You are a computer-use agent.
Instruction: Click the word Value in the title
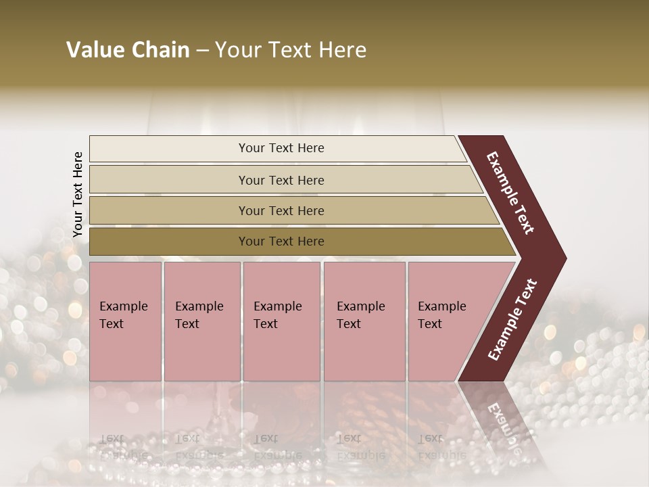[95, 50]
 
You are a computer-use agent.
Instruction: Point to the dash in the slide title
[202, 51]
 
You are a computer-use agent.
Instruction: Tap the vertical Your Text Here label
[78, 194]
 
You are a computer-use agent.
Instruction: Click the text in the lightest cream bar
[281, 148]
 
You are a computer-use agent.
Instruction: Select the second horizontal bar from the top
[281, 180]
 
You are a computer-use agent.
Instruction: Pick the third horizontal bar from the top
[281, 210]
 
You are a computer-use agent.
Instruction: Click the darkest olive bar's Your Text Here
[281, 241]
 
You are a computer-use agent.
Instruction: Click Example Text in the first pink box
[123, 315]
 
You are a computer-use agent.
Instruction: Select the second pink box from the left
[201, 321]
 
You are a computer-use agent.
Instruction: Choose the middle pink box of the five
[281, 321]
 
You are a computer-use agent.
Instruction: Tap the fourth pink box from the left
[364, 321]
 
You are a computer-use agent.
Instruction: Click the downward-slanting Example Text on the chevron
[510, 193]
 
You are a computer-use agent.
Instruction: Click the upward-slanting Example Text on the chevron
[512, 320]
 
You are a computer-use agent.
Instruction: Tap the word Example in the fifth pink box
[441, 306]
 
